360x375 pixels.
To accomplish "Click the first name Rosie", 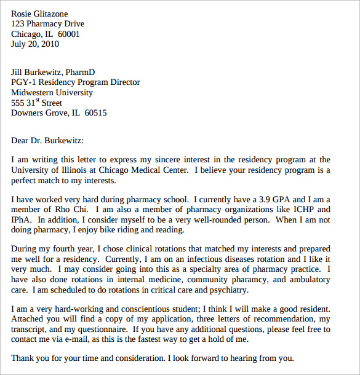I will (x=23, y=14).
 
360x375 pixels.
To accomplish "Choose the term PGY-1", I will (x=25, y=82).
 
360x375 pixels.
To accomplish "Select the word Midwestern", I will (x=36, y=93).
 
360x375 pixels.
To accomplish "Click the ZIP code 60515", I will (x=95, y=113).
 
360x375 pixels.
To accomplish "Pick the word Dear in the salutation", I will (x=22, y=140).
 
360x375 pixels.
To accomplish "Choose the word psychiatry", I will (x=228, y=290).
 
